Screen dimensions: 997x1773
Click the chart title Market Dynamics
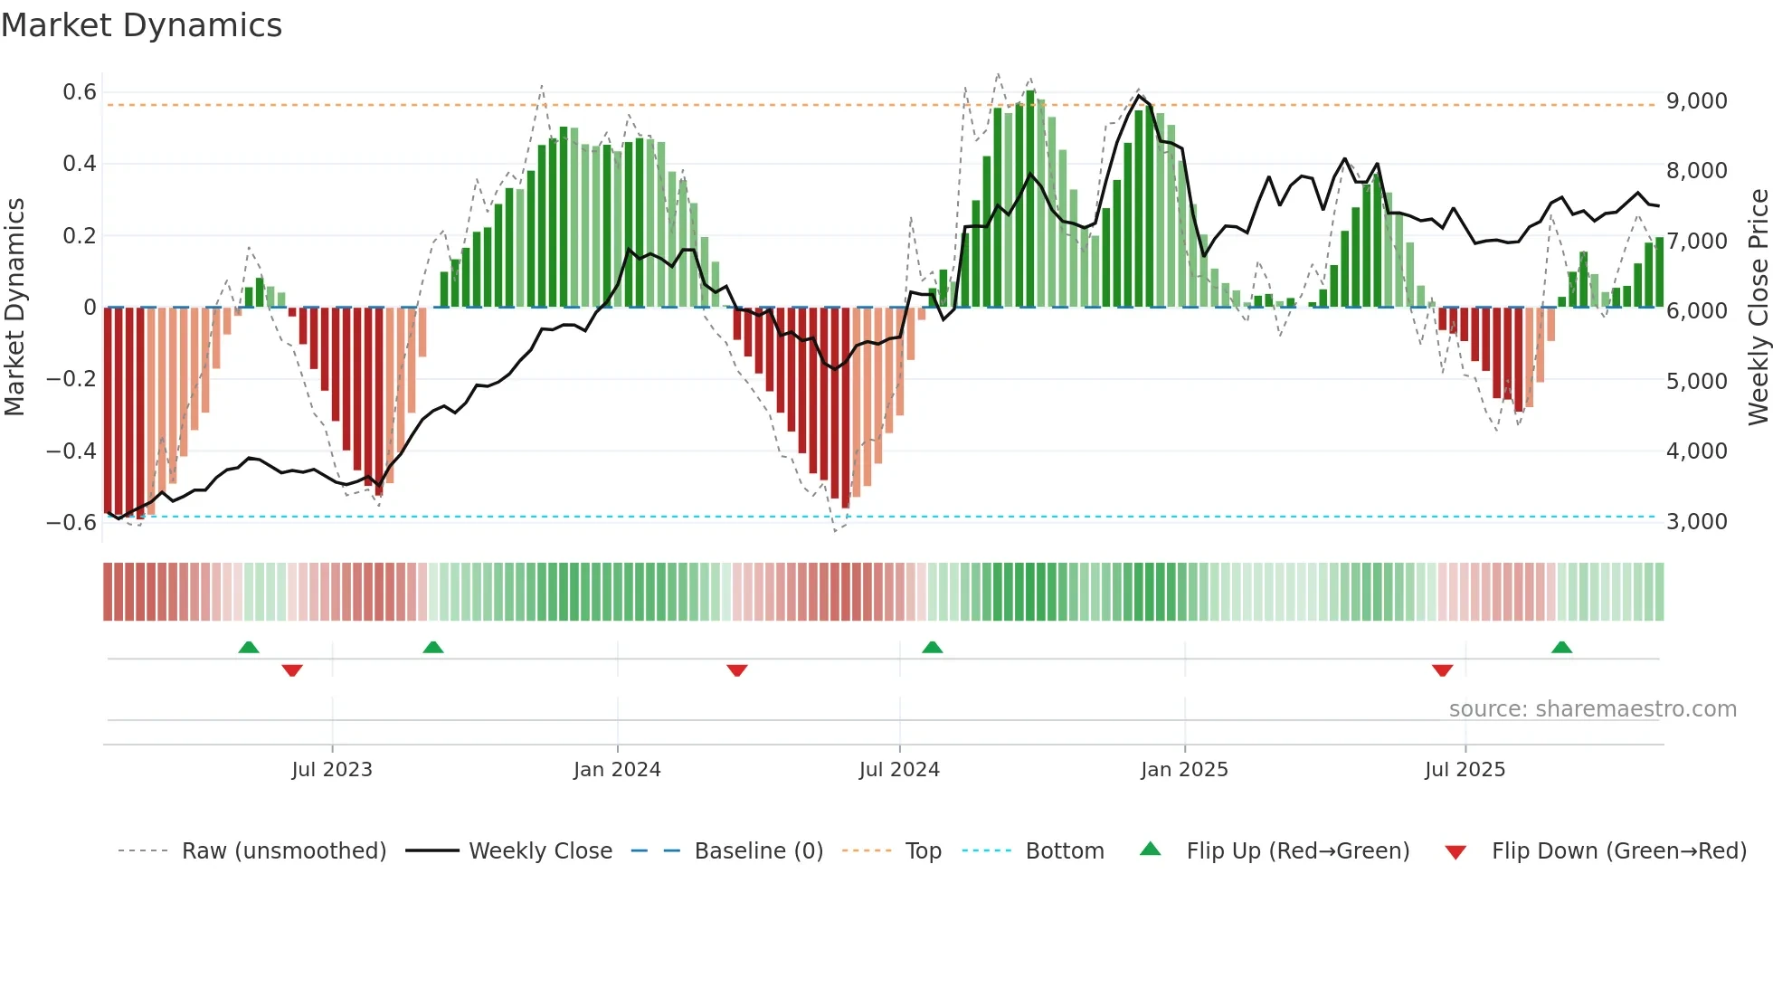141,25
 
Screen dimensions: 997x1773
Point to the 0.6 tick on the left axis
80,92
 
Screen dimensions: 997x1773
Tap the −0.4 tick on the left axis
71,451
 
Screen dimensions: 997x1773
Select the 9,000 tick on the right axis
1696,101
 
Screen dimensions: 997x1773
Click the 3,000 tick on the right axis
1696,522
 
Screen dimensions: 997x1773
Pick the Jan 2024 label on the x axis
617,770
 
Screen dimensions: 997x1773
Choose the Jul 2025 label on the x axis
1465,770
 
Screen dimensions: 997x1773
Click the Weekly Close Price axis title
1758,308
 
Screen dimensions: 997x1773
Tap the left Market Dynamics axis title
15,308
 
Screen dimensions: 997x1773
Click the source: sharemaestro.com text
1592,709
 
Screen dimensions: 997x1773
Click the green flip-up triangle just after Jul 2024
932,647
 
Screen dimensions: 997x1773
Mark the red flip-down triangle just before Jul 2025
1442,670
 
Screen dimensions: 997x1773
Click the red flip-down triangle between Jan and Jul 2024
736,670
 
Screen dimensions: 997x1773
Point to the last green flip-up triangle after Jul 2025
1561,647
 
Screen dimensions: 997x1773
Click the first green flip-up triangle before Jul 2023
249,647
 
